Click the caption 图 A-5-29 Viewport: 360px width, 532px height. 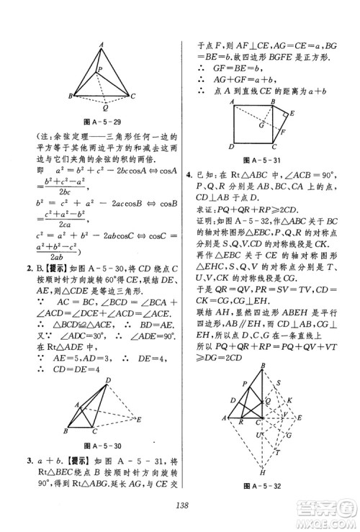click(99, 122)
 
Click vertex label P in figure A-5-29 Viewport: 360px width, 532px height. click(102, 69)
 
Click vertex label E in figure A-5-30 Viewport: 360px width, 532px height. click(140, 417)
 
